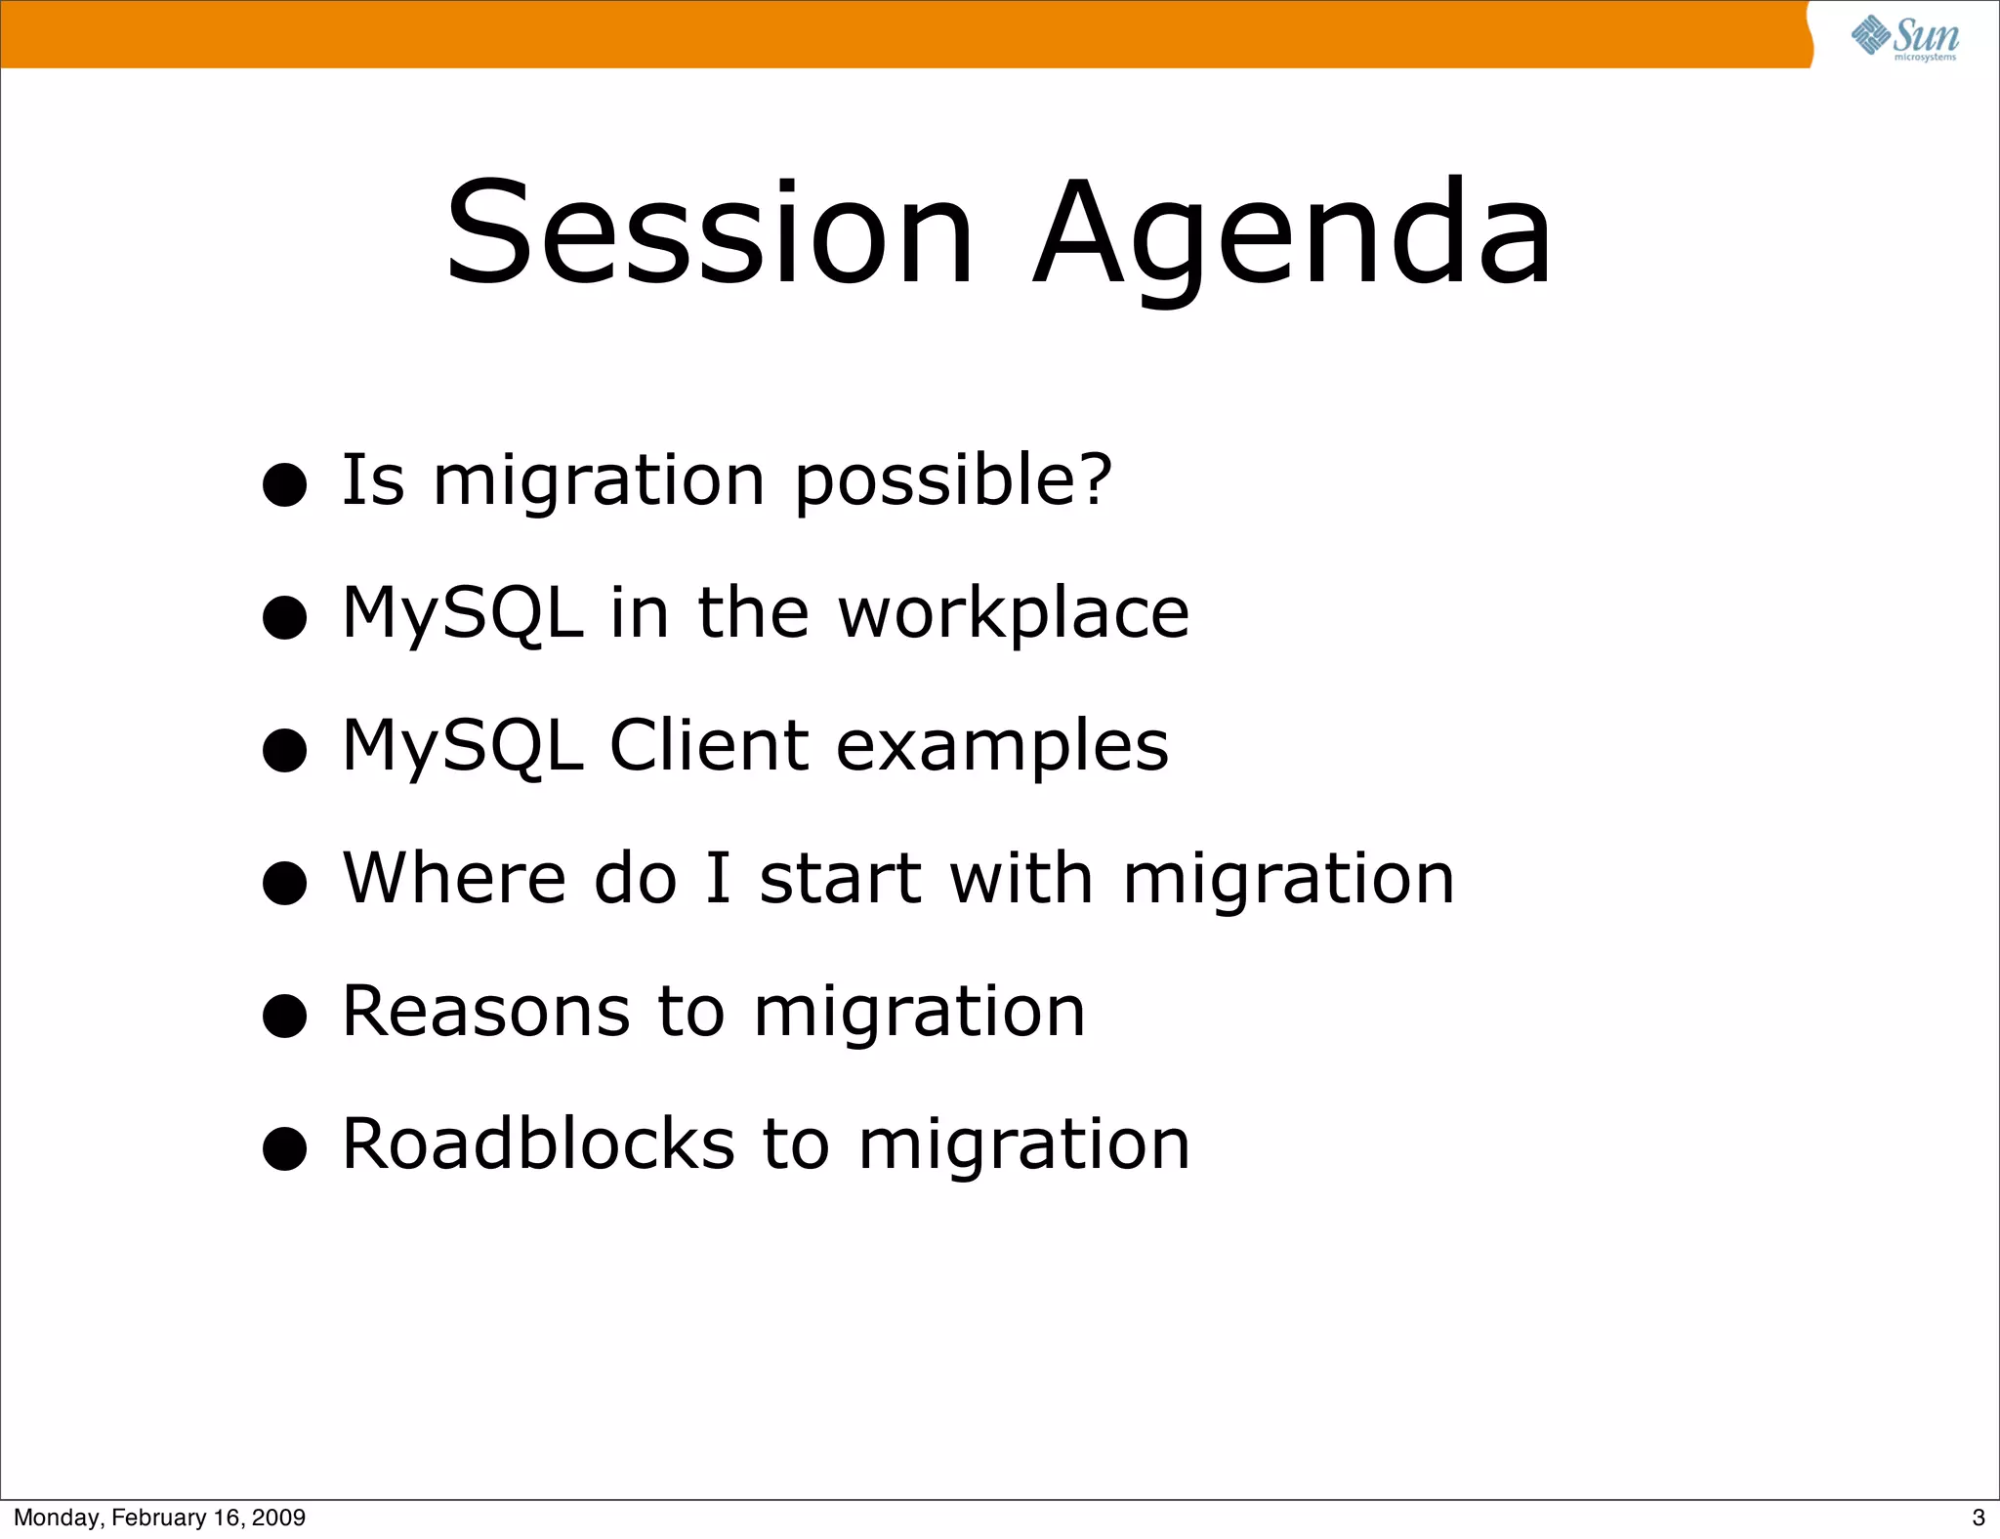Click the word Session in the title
(709, 234)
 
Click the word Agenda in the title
(1291, 234)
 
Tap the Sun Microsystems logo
(1905, 38)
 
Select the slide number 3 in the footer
(1978, 1518)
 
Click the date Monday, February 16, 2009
(159, 1518)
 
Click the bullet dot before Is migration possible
(285, 484)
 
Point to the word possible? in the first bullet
(953, 480)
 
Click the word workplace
(1014, 613)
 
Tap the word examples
(1002, 747)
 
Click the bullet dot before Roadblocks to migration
(285, 1148)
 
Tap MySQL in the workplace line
(463, 613)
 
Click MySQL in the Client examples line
(463, 746)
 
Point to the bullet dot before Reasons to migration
(285, 1016)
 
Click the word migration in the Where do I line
(1289, 879)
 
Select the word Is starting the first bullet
(373, 480)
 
